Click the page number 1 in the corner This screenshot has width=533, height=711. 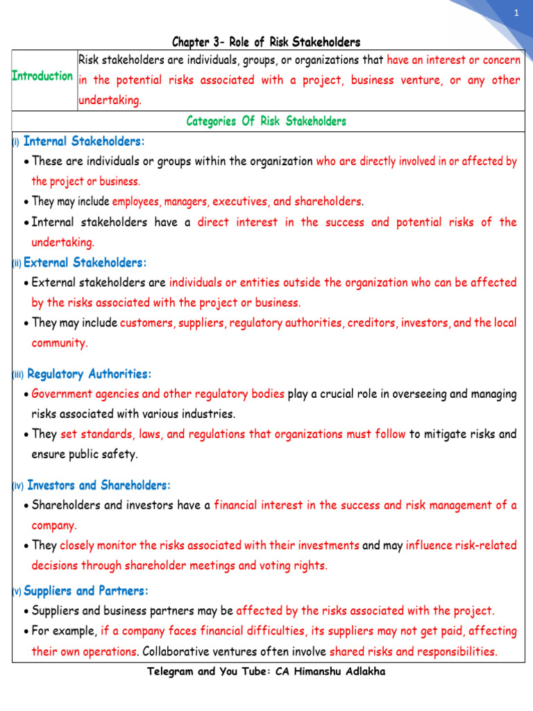coord(516,15)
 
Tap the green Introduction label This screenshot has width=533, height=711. coord(42,76)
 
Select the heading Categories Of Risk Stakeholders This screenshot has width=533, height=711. coord(266,122)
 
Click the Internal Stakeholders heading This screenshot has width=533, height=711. coord(84,142)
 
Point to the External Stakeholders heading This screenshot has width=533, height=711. coord(85,263)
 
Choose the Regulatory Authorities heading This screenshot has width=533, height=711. coord(89,374)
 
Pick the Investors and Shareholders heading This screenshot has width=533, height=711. coord(99,485)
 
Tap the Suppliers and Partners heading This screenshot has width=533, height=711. coord(86,592)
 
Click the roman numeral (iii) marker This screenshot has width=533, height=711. coord(18,375)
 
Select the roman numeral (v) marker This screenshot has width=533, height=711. coord(17,592)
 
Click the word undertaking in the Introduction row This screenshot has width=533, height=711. coord(110,101)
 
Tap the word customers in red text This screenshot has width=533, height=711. coord(146,324)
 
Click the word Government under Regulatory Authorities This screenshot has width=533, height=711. coord(63,394)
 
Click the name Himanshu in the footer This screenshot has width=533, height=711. coord(324,673)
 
